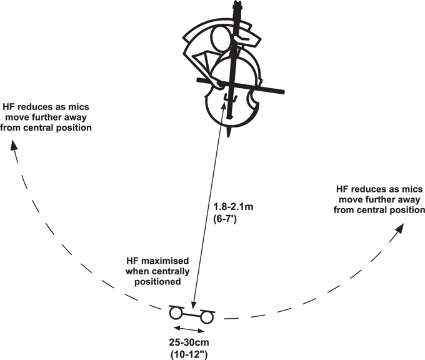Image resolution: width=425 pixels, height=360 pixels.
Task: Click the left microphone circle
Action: [x=175, y=313]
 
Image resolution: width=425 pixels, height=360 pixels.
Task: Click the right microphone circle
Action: [x=207, y=317]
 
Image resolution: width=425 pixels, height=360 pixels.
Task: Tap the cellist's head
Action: [x=222, y=39]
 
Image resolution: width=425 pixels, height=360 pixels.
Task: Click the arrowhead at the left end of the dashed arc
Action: [x=14, y=145]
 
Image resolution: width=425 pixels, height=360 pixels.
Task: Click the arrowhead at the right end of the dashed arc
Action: [x=399, y=229]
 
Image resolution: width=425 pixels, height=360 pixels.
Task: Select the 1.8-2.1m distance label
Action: [x=233, y=207]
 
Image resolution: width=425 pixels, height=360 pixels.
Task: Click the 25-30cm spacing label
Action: [x=189, y=342]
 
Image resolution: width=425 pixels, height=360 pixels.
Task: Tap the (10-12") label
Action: [x=189, y=354]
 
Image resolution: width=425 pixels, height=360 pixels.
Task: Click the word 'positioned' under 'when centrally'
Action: [x=157, y=282]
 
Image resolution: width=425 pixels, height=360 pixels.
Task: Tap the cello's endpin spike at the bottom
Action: [x=229, y=132]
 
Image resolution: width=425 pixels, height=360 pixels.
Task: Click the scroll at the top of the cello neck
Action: [x=237, y=5]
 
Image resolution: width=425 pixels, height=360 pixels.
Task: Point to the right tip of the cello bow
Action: [x=283, y=92]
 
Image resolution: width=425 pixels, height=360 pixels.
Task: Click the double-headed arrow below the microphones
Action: [x=189, y=329]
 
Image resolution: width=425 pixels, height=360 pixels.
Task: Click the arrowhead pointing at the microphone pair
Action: [x=193, y=306]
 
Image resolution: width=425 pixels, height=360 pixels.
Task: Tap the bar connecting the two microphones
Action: [x=191, y=315]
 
